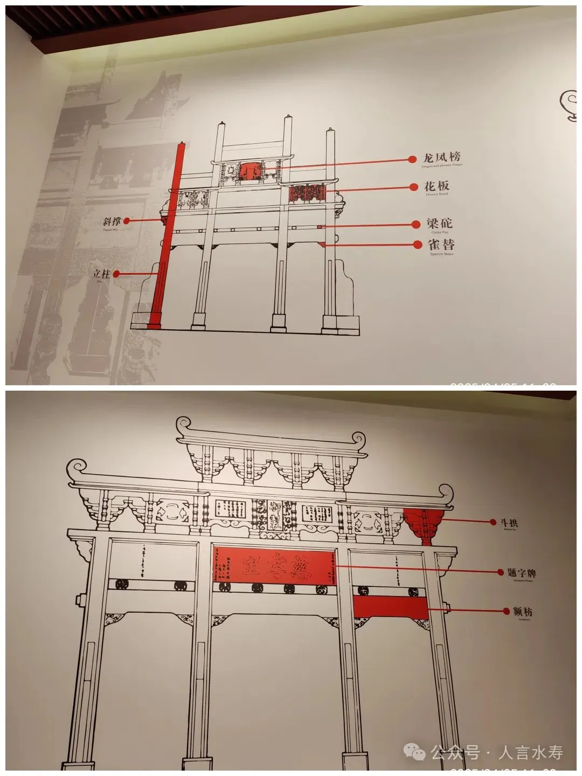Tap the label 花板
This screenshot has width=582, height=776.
[x=436, y=186]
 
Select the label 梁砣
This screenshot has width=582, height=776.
[x=439, y=224]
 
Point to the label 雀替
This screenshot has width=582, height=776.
[x=441, y=244]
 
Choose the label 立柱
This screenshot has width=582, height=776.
[x=101, y=274]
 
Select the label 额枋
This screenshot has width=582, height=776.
[x=523, y=612]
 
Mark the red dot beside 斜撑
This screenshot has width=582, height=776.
[x=127, y=221]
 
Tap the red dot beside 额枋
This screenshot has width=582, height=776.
[x=507, y=611]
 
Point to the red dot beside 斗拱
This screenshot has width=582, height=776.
[x=493, y=522]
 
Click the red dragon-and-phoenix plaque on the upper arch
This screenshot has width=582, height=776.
[x=251, y=171]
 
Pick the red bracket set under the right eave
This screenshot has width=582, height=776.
[x=424, y=525]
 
